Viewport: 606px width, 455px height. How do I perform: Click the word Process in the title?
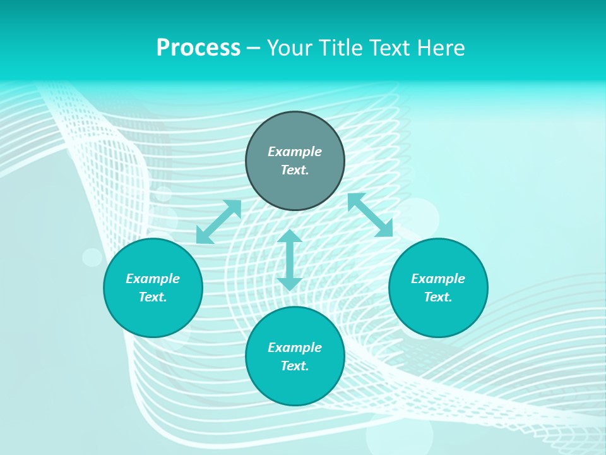click(198, 48)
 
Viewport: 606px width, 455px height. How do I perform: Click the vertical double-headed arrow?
click(290, 260)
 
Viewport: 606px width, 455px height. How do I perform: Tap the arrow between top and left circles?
click(219, 222)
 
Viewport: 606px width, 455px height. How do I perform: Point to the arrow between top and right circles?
click(370, 215)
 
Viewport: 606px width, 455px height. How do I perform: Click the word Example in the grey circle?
click(295, 152)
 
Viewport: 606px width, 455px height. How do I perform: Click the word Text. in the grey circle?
click(295, 170)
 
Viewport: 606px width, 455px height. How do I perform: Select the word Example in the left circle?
click(153, 279)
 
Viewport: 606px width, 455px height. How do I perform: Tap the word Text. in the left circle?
click(153, 297)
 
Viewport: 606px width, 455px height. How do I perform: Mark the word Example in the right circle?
click(438, 279)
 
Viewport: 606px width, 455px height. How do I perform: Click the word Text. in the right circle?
click(438, 297)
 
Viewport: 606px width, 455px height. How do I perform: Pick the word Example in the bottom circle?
click(295, 348)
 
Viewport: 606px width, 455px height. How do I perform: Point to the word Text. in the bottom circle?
click(295, 366)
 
